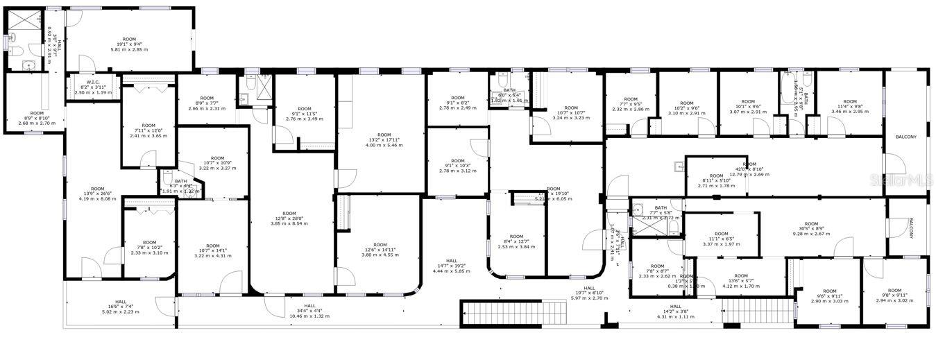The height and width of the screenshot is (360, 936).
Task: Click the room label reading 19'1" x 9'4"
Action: pyautogui.click(x=129, y=44)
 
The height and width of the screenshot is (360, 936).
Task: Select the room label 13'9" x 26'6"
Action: pyautogui.click(x=98, y=194)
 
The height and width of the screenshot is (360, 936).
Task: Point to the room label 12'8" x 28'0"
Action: pyautogui.click(x=289, y=218)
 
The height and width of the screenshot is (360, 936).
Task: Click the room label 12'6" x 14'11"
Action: pyautogui.click(x=380, y=250)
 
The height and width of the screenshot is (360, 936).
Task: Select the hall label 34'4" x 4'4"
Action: pyautogui.click(x=309, y=311)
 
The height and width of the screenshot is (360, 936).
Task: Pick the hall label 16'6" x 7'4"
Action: pyautogui.click(x=121, y=307)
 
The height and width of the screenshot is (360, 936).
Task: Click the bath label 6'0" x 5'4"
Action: pyautogui.click(x=509, y=95)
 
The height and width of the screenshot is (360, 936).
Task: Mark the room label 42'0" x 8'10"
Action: pyautogui.click(x=749, y=169)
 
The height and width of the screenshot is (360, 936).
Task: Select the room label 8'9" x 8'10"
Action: pyautogui.click(x=37, y=118)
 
